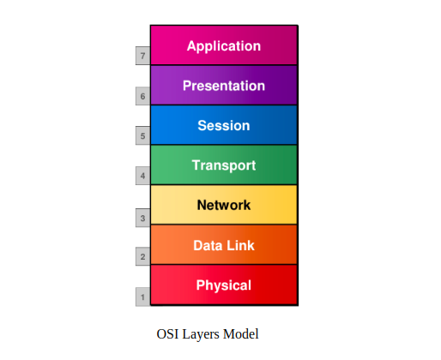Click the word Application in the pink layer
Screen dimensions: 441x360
[224, 46]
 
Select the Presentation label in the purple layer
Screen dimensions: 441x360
[224, 86]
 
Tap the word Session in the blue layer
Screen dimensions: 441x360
[224, 125]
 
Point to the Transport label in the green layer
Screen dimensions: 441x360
[224, 165]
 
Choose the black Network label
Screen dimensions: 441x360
[224, 205]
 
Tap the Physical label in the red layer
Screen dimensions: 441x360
[224, 285]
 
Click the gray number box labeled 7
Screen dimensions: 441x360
[142, 56]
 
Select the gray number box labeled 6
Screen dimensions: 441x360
[142, 96]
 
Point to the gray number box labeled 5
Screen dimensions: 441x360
[142, 135]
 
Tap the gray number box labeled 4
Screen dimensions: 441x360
[142, 176]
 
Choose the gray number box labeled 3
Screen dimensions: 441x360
[142, 218]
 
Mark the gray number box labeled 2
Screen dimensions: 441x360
[142, 256]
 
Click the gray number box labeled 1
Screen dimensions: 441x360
[142, 297]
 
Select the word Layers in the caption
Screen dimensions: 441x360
[201, 335]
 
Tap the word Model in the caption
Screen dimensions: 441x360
[241, 334]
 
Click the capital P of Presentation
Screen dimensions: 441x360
[187, 86]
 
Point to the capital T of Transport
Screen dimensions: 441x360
[196, 165]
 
